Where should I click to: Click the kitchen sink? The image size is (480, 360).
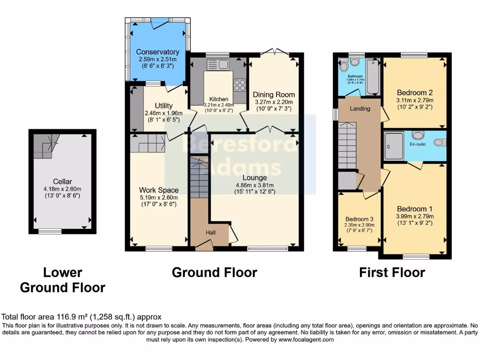pos(217,64)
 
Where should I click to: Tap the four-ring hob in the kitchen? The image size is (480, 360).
pos(240,85)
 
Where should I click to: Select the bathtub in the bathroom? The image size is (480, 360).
pos(373,77)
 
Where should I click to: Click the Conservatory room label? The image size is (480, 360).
pos(157,52)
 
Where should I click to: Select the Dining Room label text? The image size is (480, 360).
pos(274,95)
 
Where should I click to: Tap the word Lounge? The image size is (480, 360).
pos(255,178)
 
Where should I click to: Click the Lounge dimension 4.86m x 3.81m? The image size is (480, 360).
pos(255,185)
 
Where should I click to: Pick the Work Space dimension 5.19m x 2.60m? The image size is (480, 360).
pos(158,198)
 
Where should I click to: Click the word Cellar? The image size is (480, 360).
pos(62,181)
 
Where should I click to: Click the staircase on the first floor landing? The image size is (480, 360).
pos(348,145)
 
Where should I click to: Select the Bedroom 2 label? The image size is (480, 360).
pos(414,92)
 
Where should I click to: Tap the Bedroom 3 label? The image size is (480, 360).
pos(360,219)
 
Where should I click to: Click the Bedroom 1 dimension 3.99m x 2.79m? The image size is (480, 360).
pos(415,217)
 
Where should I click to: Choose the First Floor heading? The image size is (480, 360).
pos(392,272)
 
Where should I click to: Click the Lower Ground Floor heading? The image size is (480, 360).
pos(62,280)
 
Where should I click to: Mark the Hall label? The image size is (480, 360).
pos(212,232)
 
